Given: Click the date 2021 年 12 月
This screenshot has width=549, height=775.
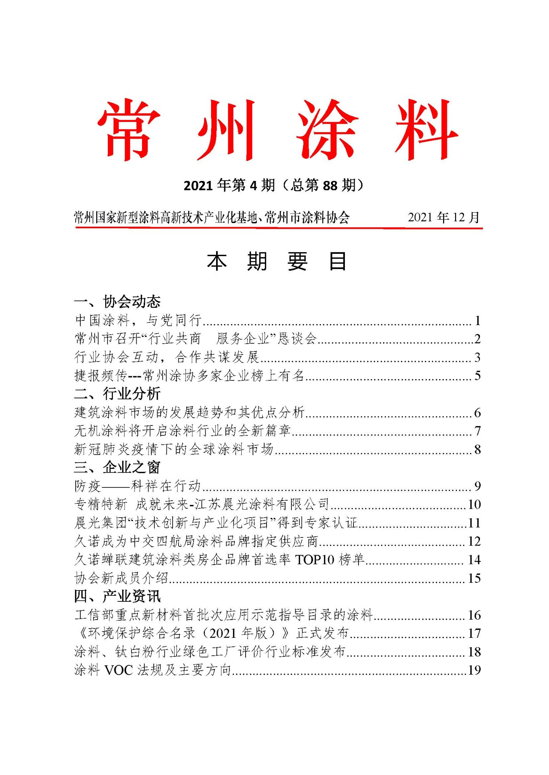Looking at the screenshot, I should [443, 217].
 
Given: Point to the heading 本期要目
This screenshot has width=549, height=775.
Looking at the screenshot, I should [276, 262].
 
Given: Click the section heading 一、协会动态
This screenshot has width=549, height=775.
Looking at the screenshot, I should [117, 301].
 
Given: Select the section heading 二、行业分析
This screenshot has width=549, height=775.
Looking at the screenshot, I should [117, 394].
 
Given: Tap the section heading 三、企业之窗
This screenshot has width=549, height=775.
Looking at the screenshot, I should [117, 467].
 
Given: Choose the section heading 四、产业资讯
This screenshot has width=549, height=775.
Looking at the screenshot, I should [117, 596].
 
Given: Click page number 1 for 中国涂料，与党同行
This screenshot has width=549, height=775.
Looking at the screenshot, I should [478, 321].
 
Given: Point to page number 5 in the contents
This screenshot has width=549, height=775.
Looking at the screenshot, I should [478, 375].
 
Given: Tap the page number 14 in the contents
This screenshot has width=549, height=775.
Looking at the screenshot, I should [474, 560].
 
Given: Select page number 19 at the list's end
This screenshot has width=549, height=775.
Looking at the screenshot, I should [474, 670].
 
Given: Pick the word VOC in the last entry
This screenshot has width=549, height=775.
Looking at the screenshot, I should [119, 670].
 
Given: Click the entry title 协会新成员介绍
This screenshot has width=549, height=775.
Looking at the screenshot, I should [121, 578].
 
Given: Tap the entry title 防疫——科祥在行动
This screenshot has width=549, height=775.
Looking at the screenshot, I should [138, 486].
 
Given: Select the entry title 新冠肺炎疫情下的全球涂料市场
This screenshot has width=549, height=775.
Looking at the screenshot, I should [174, 449].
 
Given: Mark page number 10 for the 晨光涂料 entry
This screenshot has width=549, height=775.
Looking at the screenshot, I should [474, 505].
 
